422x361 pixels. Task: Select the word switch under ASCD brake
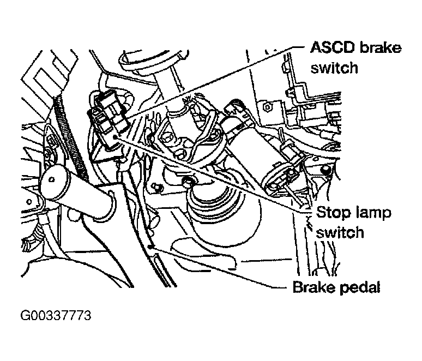[335, 68]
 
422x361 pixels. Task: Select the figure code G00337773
[56, 317]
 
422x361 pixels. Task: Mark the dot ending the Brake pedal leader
[153, 248]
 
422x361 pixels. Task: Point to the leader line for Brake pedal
[218, 267]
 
